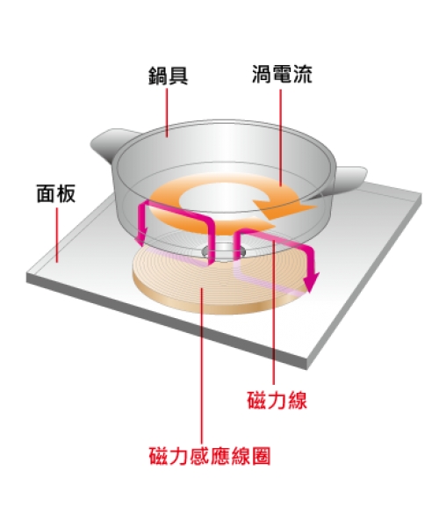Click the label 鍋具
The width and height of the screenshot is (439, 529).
point(168,76)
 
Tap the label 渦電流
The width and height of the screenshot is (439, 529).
point(282,74)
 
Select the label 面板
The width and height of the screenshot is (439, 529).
point(56,193)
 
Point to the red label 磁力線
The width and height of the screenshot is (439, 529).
point(277,400)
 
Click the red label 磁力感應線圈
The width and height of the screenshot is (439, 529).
point(210,456)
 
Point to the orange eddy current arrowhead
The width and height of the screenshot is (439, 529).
point(284,208)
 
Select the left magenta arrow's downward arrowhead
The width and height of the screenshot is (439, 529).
point(141,237)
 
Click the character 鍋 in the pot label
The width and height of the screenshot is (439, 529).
point(158,76)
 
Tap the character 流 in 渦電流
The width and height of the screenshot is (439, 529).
point(302,74)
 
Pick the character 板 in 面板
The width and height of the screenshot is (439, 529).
point(66,193)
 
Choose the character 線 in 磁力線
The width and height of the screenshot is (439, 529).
point(298,400)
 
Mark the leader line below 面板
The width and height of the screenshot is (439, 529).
point(57,235)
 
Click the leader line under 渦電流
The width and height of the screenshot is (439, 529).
point(281,137)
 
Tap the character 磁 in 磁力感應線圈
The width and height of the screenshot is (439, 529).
point(158,456)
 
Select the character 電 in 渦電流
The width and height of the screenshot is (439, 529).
point(282,74)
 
